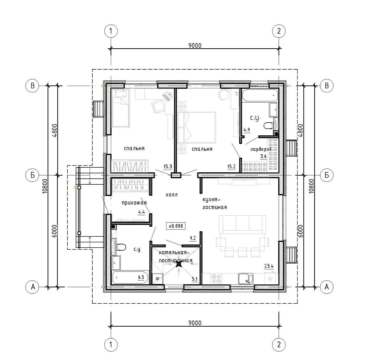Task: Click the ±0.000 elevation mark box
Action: click(176, 226)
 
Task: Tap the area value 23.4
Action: click(269, 266)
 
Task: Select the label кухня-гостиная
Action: click(215, 203)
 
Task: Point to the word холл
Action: click(171, 195)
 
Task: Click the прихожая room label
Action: click(134, 203)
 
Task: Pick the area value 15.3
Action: click(167, 166)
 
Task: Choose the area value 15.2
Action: click(231, 166)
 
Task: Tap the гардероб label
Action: click(261, 149)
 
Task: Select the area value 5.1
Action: click(195, 279)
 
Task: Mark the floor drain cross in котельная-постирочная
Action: click(178, 265)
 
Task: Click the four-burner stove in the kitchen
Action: click(216, 279)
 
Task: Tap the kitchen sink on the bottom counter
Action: click(246, 279)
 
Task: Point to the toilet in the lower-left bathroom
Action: click(121, 247)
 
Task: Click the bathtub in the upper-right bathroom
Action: click(260, 96)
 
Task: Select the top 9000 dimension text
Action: click(195, 45)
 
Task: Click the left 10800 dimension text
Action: click(45, 186)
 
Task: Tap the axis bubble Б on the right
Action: click(327, 175)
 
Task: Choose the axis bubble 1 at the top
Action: click(111, 31)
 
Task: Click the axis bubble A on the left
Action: click(32, 287)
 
